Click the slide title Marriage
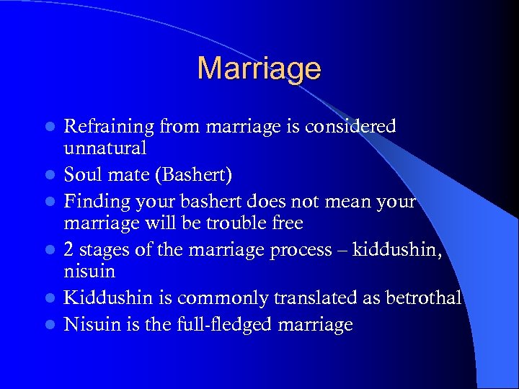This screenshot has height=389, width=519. pyautogui.click(x=259, y=68)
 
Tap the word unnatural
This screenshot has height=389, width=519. pyautogui.click(x=105, y=148)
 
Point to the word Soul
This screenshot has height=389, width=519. pyautogui.click(x=82, y=175)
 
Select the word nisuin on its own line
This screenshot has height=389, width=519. pyautogui.click(x=89, y=272)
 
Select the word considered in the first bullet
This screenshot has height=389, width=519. pyautogui.click(x=351, y=127)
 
